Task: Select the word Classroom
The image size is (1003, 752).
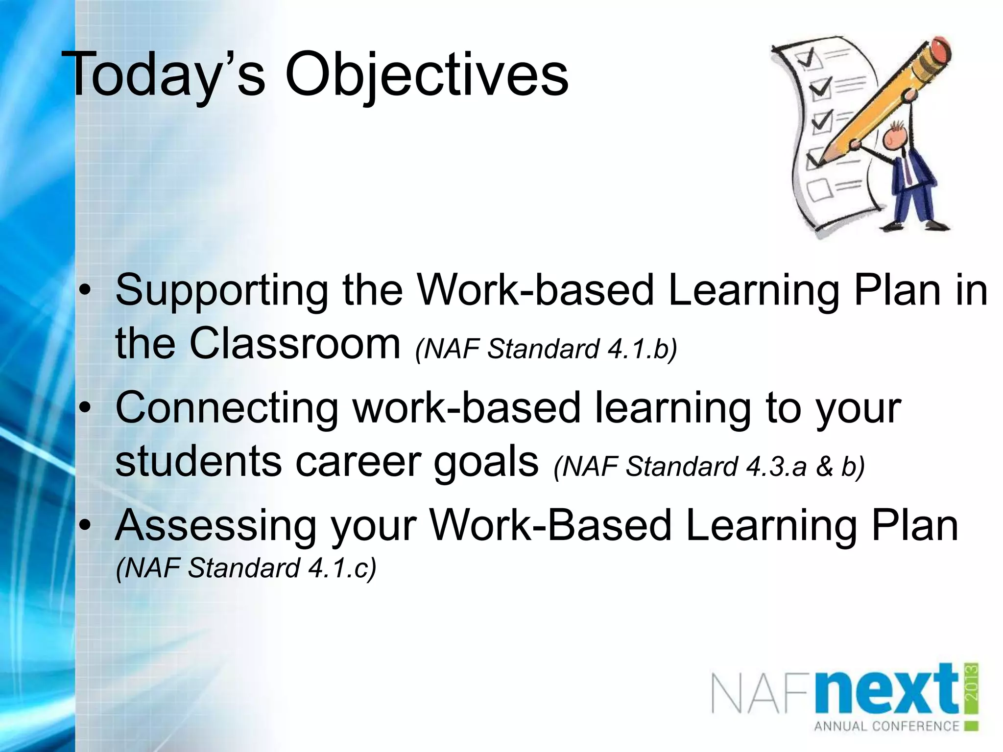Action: point(295,344)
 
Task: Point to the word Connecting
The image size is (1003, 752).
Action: point(226,409)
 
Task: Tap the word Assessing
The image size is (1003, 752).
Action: point(215,526)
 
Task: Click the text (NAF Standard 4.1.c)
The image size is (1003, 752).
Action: point(246,568)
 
